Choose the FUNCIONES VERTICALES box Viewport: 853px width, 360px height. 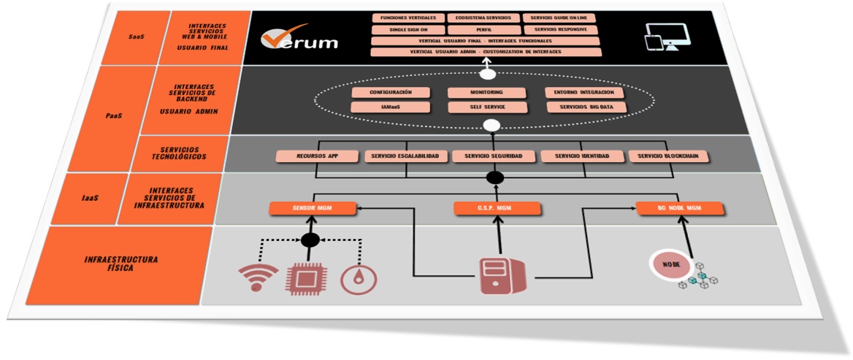[x=408, y=18]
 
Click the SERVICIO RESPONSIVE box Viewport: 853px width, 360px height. [x=560, y=30]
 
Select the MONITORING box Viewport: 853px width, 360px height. [x=486, y=93]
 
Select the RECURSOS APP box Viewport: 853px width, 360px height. [x=317, y=156]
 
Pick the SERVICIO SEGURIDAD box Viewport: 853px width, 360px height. [x=494, y=156]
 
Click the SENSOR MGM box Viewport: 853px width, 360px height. [x=313, y=209]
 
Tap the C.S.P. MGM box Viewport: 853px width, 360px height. [x=499, y=209]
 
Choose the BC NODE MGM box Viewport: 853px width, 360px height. [x=679, y=209]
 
